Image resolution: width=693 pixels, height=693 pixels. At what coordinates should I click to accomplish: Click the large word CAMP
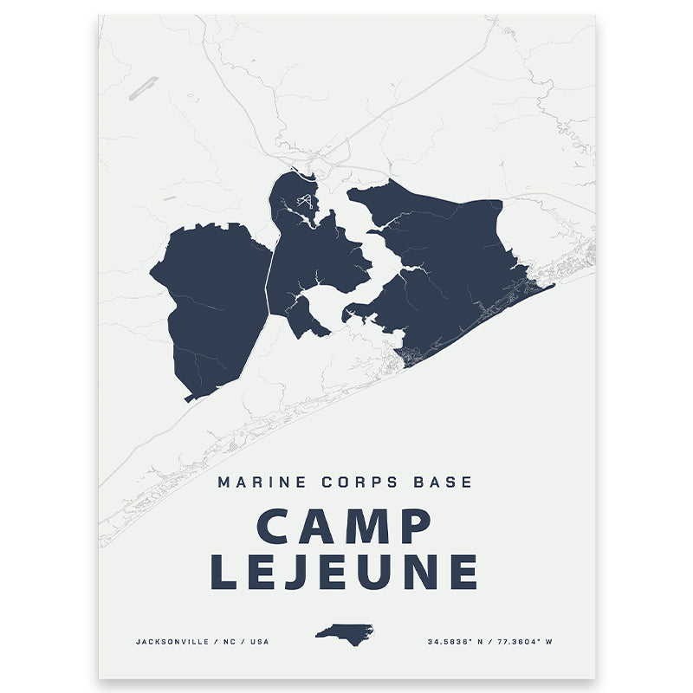(x=345, y=528)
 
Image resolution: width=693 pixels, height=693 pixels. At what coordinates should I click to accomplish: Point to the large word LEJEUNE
(x=345, y=573)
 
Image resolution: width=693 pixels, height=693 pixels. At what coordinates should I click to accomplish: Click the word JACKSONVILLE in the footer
(x=173, y=642)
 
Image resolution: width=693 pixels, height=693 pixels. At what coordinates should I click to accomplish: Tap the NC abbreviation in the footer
(x=234, y=642)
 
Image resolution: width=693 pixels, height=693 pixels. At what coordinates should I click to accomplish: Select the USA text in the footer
(x=261, y=642)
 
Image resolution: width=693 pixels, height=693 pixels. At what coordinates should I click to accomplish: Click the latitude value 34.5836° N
(x=458, y=642)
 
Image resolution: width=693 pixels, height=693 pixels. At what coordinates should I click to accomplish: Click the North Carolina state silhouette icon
(x=344, y=631)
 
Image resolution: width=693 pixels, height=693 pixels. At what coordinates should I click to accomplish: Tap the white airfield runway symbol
(x=303, y=202)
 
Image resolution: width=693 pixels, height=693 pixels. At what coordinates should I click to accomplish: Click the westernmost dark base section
(x=212, y=303)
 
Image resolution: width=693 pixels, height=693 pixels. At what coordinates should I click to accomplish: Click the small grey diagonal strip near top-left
(x=143, y=88)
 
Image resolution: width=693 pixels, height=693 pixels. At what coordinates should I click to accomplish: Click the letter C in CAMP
(x=275, y=528)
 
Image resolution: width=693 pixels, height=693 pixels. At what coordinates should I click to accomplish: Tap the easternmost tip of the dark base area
(x=553, y=285)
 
